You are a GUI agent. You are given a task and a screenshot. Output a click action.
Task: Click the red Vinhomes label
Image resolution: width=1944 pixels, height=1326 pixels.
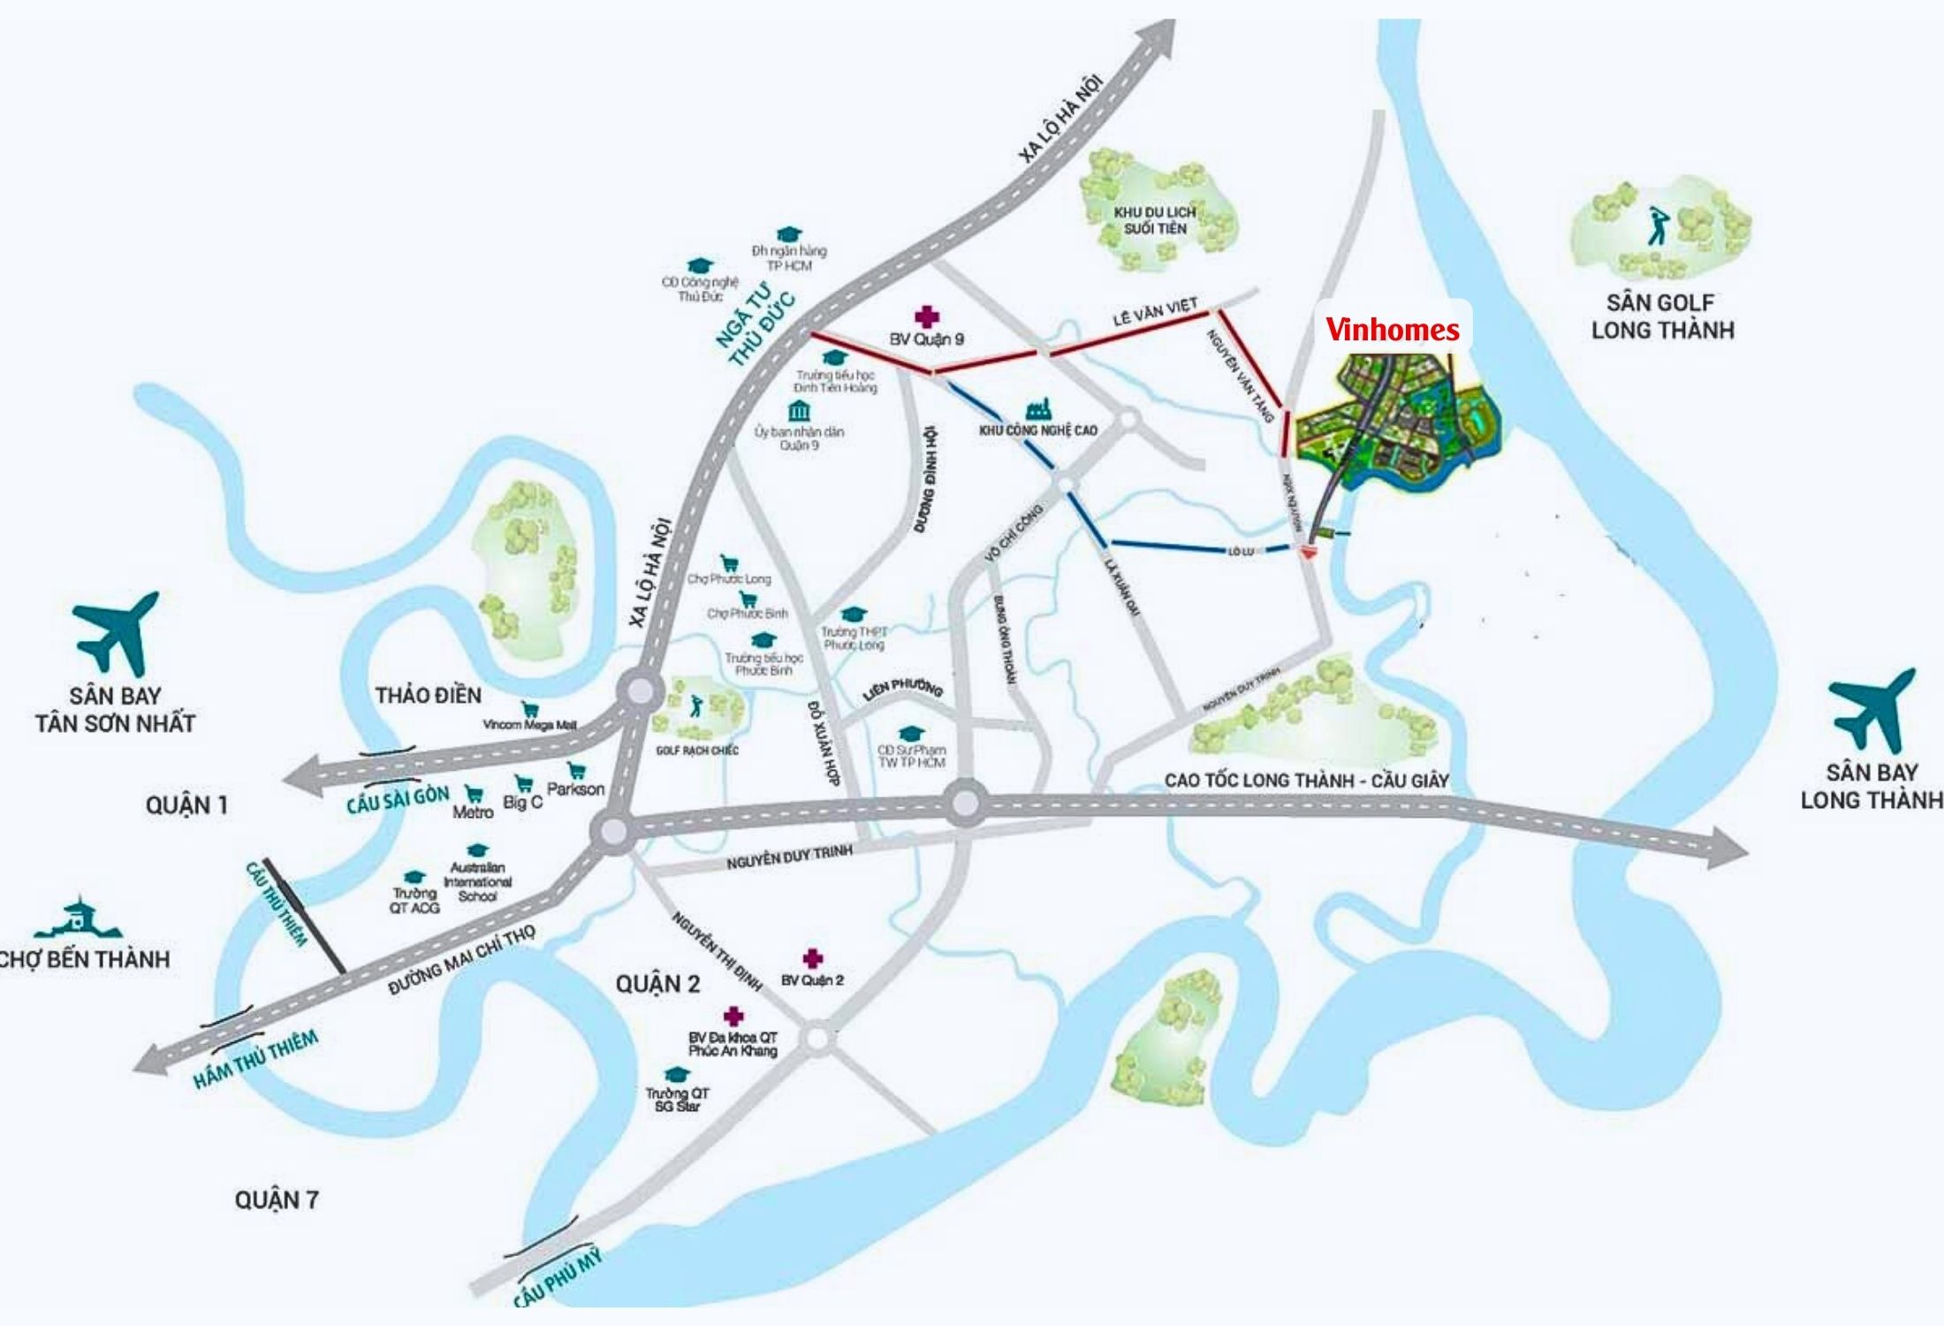tap(1393, 330)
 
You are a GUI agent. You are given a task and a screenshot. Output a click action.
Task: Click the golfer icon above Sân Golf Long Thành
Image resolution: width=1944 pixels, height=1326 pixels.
tap(1658, 226)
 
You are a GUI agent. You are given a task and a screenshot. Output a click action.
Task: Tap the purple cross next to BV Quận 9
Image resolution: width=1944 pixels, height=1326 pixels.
tap(926, 316)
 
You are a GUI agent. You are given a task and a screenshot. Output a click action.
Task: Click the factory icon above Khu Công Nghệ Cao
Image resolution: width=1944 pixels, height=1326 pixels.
tap(1038, 409)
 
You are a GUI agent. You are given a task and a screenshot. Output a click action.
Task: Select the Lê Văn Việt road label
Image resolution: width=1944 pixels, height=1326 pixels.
tap(1155, 312)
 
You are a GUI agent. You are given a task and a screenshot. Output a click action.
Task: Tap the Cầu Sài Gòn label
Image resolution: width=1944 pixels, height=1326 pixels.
tap(398, 798)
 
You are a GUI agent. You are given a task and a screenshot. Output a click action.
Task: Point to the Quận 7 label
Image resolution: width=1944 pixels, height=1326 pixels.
tap(276, 1200)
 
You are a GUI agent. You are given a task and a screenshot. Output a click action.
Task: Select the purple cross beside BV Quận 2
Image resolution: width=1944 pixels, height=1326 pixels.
tap(812, 958)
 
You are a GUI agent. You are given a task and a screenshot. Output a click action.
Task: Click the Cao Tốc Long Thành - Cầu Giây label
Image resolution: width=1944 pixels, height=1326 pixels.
tap(1306, 781)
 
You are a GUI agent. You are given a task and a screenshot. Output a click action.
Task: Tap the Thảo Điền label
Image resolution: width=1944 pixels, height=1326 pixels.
tap(429, 695)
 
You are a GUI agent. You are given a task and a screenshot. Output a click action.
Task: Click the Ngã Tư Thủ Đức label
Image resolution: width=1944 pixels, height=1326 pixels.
tap(756, 325)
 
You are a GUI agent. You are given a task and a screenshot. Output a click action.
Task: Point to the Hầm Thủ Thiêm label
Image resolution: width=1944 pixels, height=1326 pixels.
tap(255, 1060)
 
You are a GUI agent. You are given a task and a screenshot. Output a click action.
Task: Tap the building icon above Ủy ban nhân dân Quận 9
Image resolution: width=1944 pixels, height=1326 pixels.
tap(800, 411)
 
